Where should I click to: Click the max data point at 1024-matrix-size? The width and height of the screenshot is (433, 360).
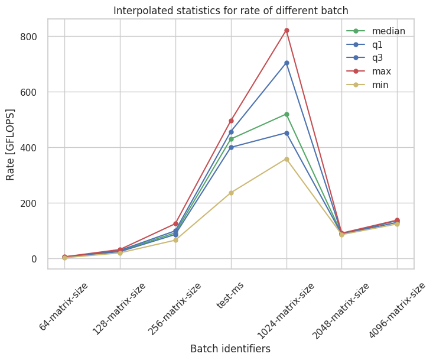point(287,30)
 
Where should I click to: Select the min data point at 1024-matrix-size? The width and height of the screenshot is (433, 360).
point(287,159)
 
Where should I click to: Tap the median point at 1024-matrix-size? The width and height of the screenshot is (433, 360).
point(287,114)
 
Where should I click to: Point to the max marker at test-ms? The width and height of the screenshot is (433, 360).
point(231,121)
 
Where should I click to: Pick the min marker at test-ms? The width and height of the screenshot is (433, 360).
point(231,193)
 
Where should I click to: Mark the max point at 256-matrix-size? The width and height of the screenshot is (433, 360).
point(175,223)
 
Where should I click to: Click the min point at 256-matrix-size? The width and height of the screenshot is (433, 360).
point(175,240)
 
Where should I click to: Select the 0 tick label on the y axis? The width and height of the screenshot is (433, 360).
point(35,259)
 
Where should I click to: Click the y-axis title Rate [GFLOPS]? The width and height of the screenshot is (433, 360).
point(11,144)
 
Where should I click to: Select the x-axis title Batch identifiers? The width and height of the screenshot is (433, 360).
point(230,349)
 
